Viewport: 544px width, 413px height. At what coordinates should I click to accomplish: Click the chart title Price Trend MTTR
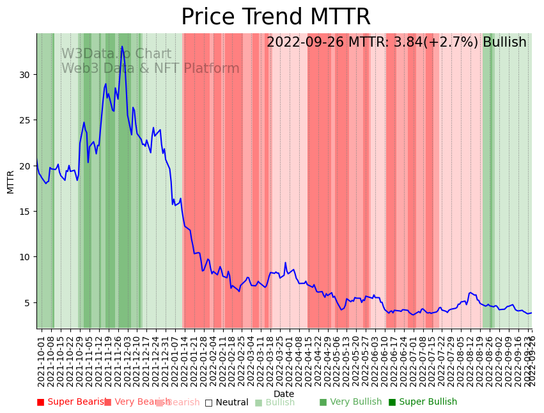[x=276, y=17]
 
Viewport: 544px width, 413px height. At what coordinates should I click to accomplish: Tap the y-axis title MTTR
[x=11, y=182]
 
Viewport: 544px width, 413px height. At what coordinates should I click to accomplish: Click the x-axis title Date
[x=284, y=394]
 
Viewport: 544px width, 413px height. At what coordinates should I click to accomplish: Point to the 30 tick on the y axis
[x=26, y=75]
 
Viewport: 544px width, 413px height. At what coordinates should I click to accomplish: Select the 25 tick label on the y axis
[x=26, y=120]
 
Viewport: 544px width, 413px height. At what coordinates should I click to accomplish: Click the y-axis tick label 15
[x=26, y=212]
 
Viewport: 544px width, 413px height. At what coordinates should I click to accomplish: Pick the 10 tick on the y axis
[x=26, y=257]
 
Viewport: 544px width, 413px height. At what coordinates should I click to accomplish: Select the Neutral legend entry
[x=227, y=403]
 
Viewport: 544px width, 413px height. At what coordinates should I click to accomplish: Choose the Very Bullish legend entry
[x=350, y=402]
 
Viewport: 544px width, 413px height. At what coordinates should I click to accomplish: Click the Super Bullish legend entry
[x=423, y=402]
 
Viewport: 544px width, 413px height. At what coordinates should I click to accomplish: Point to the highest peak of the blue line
[x=122, y=47]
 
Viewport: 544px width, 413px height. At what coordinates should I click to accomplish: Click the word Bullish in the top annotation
[x=504, y=42]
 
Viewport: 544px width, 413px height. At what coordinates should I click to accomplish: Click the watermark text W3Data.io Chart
[x=116, y=54]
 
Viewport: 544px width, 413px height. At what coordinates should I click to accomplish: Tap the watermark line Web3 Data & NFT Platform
[x=150, y=68]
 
